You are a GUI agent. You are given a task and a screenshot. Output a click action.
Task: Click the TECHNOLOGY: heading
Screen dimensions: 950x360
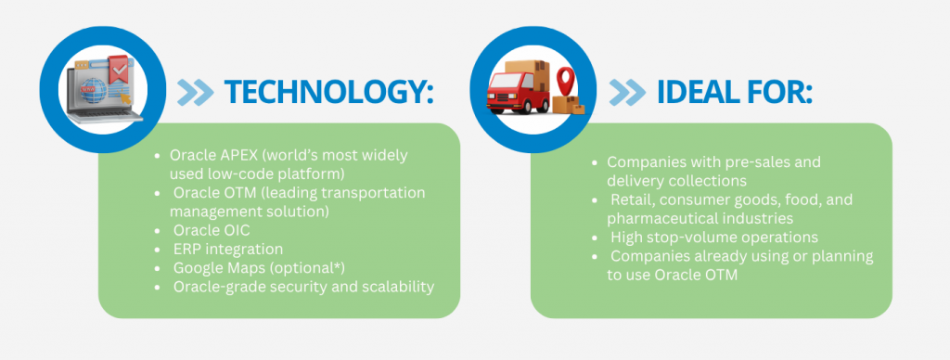tap(329, 92)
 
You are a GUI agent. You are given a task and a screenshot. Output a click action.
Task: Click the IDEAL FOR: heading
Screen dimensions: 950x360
tap(735, 92)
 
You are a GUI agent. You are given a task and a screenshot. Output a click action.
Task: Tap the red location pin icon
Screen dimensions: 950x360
tap(565, 82)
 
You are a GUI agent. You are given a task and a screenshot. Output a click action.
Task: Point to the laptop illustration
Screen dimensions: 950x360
tap(103, 92)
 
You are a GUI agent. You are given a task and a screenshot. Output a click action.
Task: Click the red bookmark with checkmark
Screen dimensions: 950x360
tap(118, 70)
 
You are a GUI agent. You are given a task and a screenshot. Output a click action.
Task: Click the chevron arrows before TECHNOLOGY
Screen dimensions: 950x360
tap(195, 93)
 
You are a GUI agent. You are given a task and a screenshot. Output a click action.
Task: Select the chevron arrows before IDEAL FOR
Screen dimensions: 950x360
tap(627, 93)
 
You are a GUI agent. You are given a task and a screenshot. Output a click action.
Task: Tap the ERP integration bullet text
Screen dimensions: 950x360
tap(228, 249)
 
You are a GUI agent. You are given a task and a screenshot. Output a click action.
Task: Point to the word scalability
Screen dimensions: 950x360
tap(400, 287)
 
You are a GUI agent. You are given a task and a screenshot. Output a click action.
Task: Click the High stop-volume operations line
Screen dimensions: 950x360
tap(714, 237)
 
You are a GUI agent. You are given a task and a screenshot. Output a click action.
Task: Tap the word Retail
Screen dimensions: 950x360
tap(630, 199)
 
